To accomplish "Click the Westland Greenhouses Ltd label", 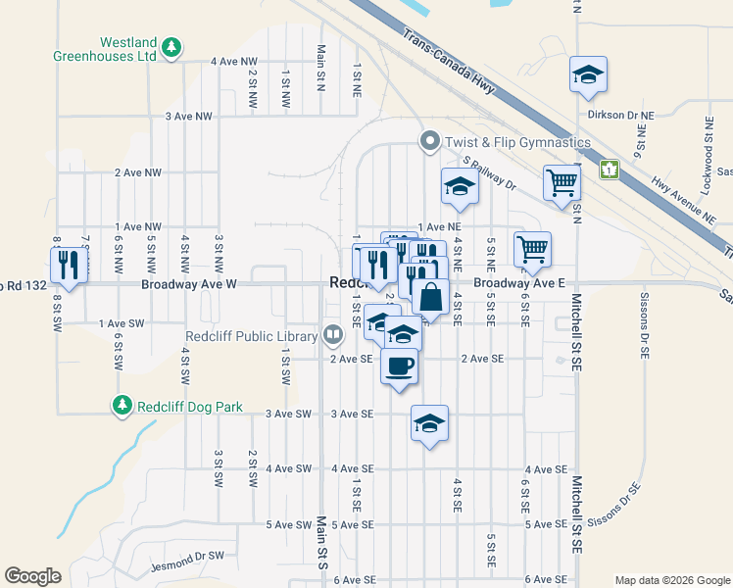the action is point(128,50).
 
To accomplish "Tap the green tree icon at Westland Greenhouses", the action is point(171,46).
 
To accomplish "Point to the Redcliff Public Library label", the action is point(252,336).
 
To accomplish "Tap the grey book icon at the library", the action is point(333,336).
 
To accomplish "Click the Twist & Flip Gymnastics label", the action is point(517,143).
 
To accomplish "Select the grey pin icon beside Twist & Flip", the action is point(429,143).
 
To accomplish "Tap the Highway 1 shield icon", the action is point(611,170).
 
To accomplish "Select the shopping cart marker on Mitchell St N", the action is point(562,181).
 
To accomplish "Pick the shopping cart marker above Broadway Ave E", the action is point(532,249).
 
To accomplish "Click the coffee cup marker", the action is point(399,367).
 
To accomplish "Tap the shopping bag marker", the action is point(430,296).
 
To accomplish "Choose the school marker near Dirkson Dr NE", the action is point(588,74).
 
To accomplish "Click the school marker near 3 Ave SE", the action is point(429,423).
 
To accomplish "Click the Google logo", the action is point(32,576).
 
